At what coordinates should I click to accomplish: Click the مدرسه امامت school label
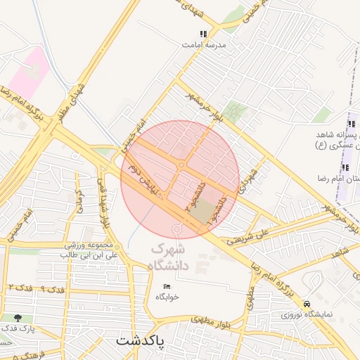pos(205,44)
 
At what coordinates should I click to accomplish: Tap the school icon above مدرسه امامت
pos(204,33)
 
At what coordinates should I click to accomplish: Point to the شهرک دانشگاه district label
pos(173,257)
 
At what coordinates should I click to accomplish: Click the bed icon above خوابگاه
pos(167,286)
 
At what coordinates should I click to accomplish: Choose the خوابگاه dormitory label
pos(167,297)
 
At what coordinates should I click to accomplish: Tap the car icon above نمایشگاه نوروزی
pos(307,304)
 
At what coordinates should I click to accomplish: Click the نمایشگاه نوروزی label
pos(307,314)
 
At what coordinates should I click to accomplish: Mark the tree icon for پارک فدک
pos(27,319)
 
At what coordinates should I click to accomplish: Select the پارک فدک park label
pos(18,328)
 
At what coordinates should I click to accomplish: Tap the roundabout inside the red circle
pos(181,165)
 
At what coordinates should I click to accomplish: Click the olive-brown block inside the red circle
pos(204,212)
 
